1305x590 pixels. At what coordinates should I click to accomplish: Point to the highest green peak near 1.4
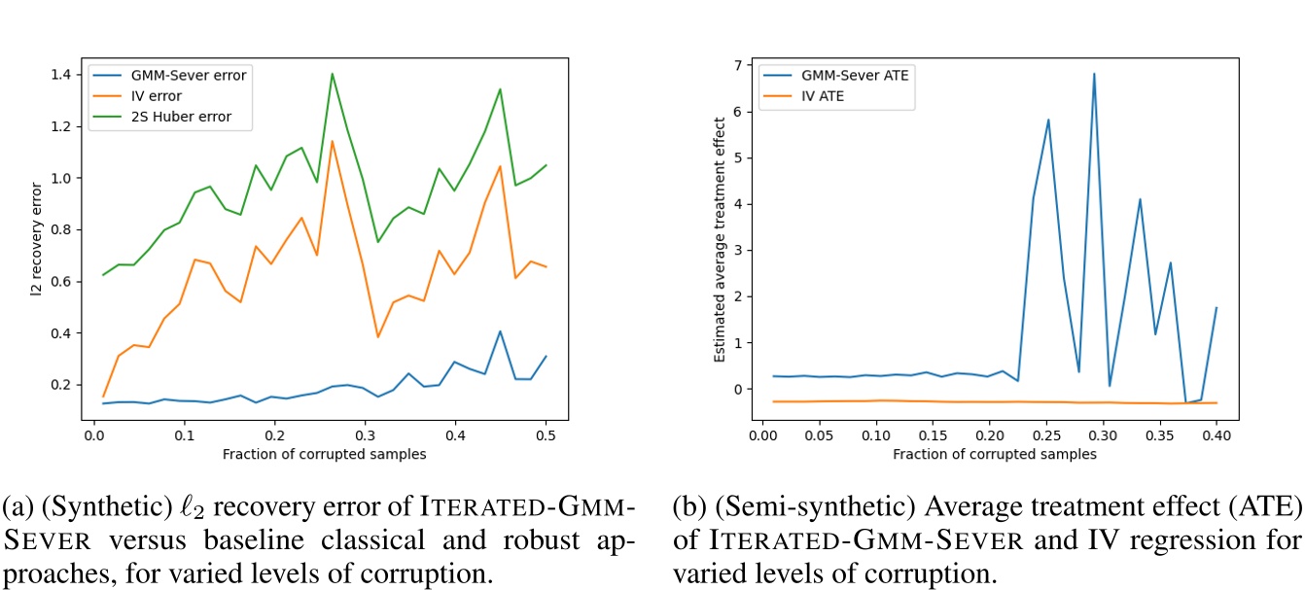(x=332, y=74)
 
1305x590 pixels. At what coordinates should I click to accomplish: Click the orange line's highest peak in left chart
(x=332, y=142)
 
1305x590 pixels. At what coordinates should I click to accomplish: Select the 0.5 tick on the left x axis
(x=547, y=436)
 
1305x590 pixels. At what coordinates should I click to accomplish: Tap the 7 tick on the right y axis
(x=739, y=65)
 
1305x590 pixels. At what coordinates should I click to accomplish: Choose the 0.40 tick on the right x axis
(x=1217, y=436)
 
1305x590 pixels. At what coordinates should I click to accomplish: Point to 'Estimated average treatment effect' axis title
(x=720, y=239)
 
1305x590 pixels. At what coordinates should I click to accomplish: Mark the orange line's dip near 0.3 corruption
(x=378, y=336)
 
